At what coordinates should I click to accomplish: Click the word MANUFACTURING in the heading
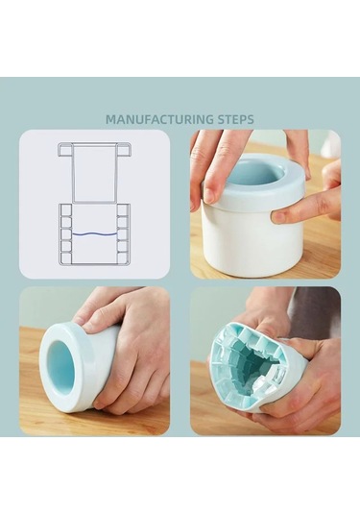(x=160, y=119)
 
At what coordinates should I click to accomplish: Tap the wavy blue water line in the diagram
(x=95, y=233)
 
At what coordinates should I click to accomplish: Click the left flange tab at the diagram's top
(x=65, y=150)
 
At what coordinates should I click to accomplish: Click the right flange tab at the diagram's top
(x=124, y=150)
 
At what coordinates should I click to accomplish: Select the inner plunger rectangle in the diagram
(x=95, y=173)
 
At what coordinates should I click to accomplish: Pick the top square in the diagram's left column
(x=66, y=210)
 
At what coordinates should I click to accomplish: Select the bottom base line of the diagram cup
(x=95, y=263)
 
